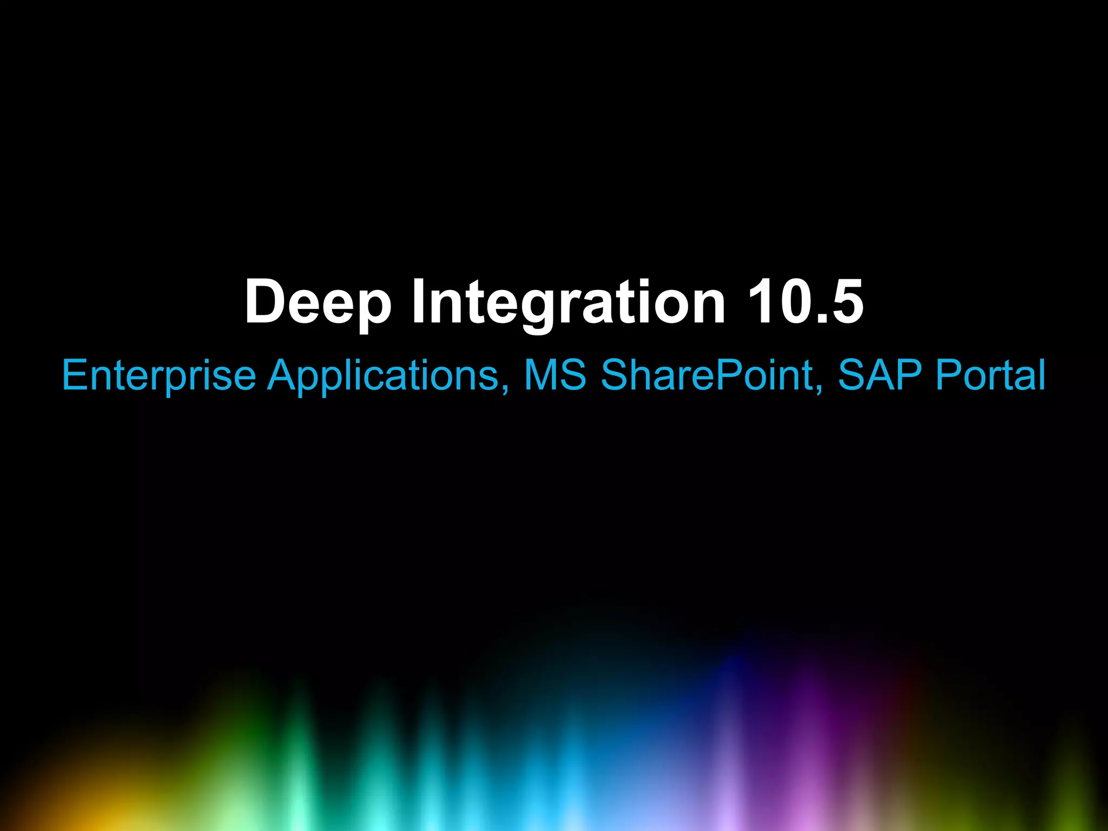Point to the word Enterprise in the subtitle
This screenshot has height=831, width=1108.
(159, 375)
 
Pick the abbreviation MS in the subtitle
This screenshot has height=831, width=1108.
(555, 375)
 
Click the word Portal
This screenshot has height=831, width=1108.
(991, 375)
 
